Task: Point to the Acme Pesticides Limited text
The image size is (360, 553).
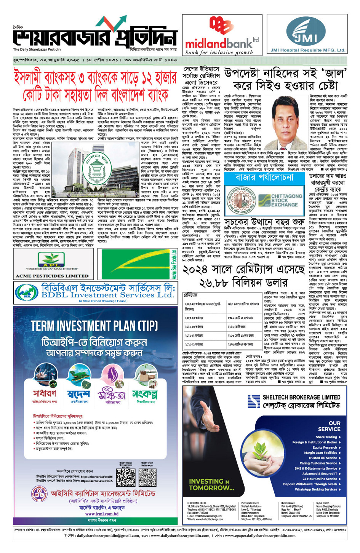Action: [52, 276]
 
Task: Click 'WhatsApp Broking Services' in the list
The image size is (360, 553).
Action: [316, 489]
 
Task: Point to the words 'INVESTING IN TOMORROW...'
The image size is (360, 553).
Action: [211, 484]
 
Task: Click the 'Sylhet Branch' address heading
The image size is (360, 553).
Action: [323, 503]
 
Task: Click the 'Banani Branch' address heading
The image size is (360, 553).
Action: [288, 503]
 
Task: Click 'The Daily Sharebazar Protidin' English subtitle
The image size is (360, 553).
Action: [37, 50]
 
